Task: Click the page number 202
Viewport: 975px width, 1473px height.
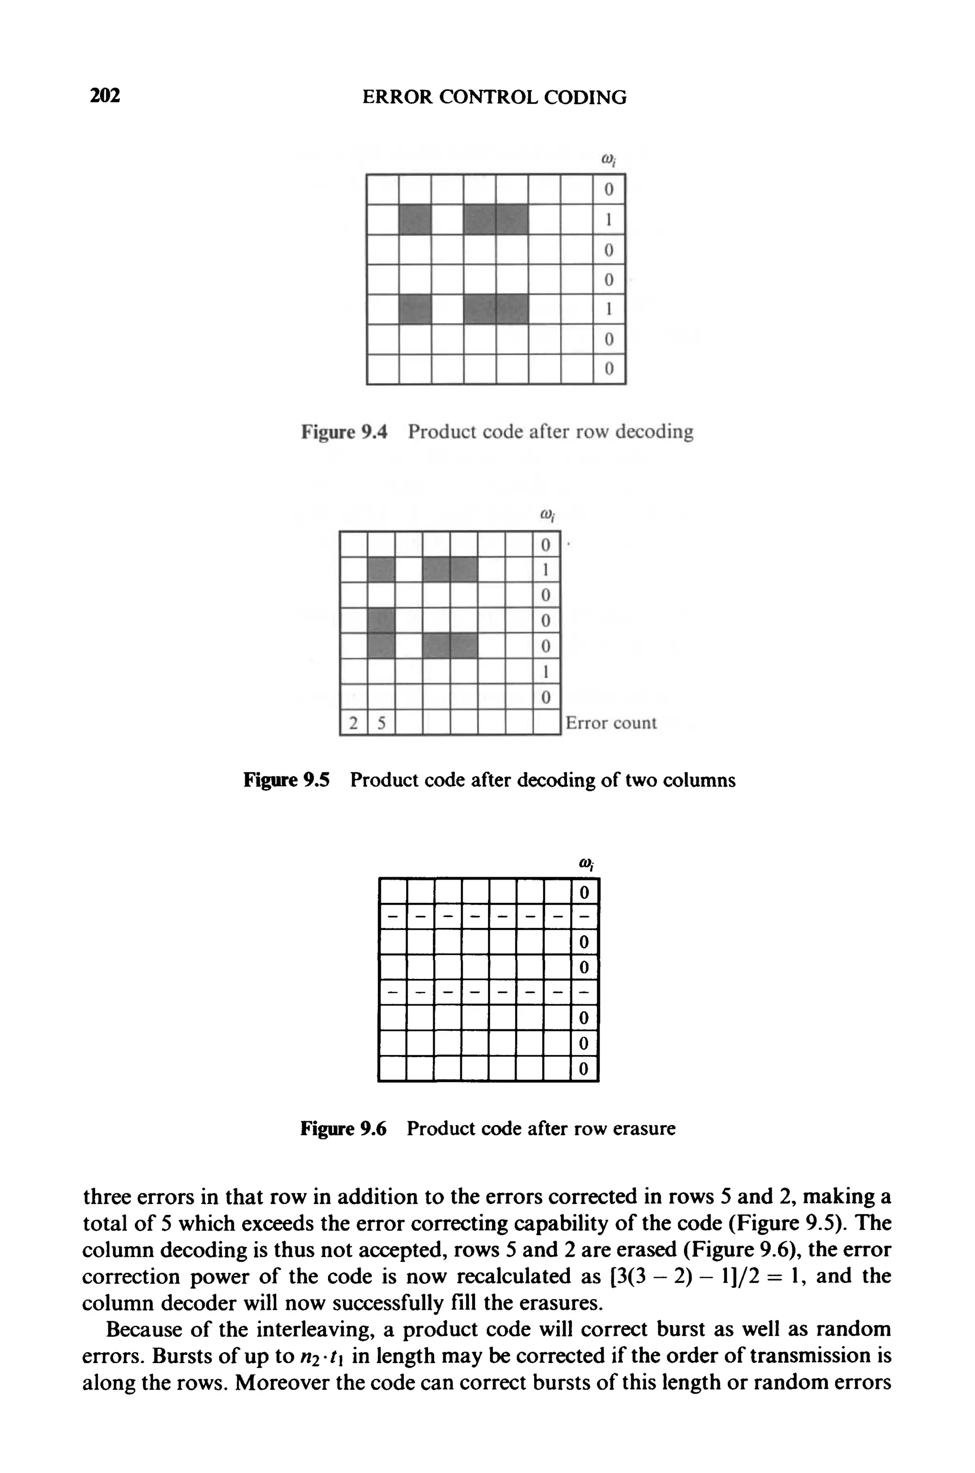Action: click(105, 96)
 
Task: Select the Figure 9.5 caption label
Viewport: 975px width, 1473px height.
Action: click(287, 780)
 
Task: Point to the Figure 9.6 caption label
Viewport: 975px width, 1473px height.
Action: click(343, 1128)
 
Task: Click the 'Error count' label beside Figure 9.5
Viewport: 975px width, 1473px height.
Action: click(611, 723)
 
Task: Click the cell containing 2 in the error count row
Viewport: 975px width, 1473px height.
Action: click(354, 723)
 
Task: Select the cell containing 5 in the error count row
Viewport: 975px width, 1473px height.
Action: click(381, 723)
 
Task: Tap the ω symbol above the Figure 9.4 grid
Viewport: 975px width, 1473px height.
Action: click(608, 160)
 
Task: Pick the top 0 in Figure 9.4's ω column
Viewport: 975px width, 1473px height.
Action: click(609, 189)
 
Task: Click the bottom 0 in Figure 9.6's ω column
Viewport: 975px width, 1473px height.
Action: click(584, 1069)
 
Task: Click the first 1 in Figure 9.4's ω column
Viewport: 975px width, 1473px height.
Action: click(609, 219)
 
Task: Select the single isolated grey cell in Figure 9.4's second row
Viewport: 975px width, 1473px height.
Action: click(415, 219)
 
